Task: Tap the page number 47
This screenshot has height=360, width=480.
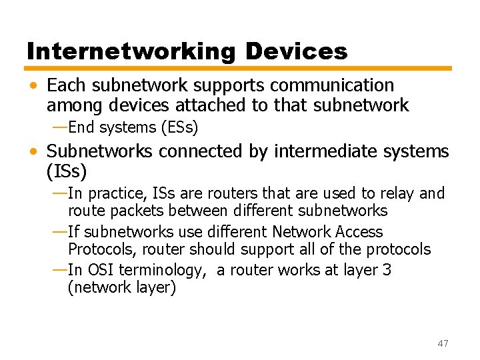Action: [x=443, y=343]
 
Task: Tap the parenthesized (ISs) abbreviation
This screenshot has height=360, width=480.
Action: [x=67, y=171]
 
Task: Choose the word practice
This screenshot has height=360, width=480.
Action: [x=117, y=194]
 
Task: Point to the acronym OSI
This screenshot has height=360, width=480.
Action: [x=100, y=270]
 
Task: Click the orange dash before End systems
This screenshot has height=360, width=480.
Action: [x=59, y=127]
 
